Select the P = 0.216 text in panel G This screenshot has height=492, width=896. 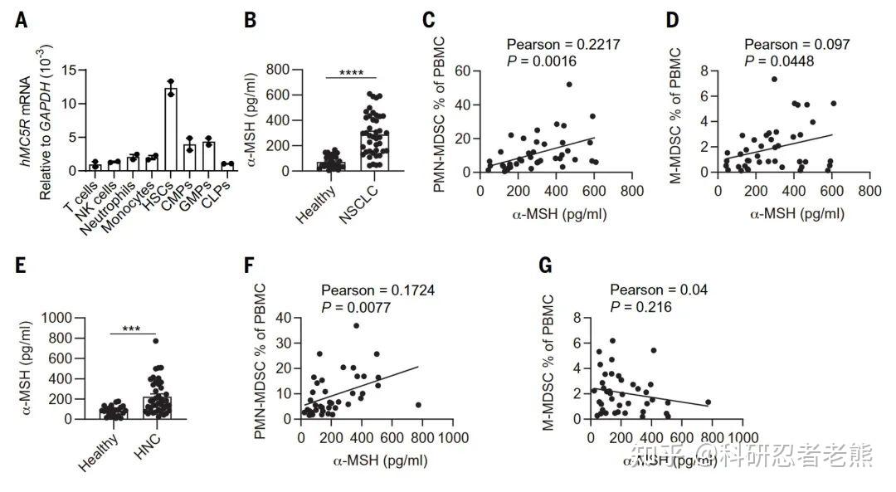tap(642, 306)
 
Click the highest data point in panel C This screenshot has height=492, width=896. tap(569, 84)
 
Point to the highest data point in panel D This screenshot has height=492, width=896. tap(773, 80)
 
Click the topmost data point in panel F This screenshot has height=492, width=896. tap(357, 326)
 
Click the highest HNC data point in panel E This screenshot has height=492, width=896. tap(154, 340)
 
